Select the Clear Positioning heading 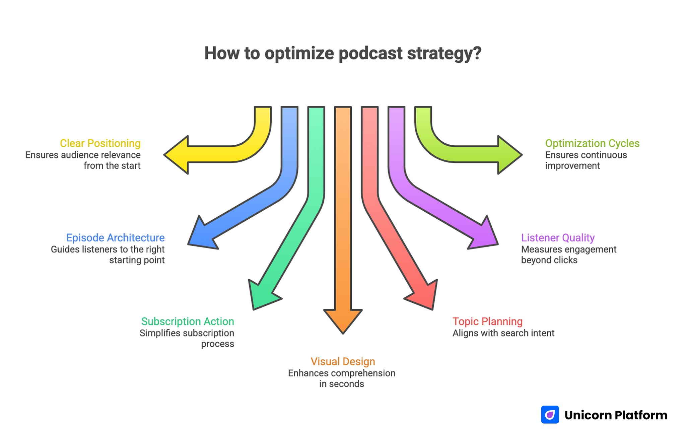coord(100,143)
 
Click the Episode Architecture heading coord(115,238)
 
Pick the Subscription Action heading coord(188,321)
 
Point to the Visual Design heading coord(343,362)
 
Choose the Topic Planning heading coord(487,321)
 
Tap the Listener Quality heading coord(558,238)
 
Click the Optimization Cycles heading coord(592,143)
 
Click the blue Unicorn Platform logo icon coord(550,415)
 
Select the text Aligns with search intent coord(503,333)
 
